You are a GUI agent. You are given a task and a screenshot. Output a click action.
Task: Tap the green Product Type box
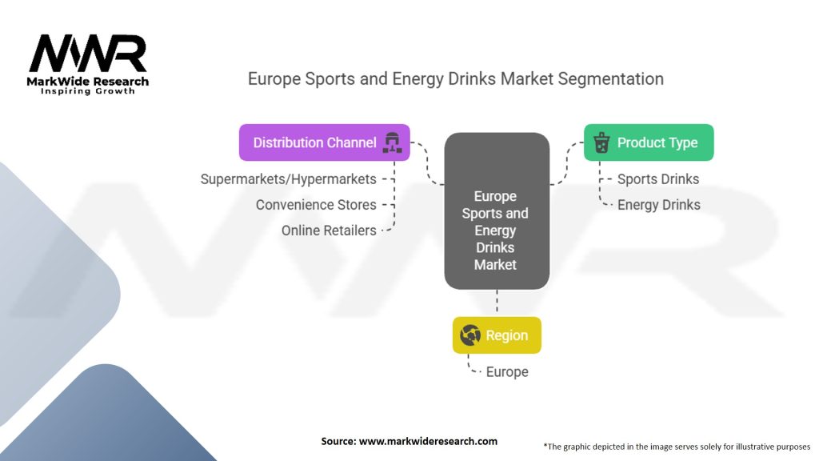[648, 142]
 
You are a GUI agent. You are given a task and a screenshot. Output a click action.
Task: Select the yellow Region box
[497, 335]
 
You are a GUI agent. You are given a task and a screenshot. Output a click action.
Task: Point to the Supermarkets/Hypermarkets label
[288, 179]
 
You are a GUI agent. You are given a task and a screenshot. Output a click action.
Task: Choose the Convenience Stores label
[316, 205]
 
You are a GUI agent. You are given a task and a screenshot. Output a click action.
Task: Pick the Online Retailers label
[329, 230]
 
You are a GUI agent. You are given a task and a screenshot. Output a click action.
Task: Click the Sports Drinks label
[658, 179]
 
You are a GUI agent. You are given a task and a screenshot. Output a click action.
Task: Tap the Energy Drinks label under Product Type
[658, 205]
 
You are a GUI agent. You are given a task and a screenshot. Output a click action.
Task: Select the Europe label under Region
[507, 372]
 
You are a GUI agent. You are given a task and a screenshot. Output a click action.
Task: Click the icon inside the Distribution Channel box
[391, 142]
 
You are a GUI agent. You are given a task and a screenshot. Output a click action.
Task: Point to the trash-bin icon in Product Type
[601, 143]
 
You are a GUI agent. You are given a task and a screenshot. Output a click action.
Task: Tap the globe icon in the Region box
[470, 335]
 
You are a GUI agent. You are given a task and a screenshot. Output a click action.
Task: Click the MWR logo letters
[87, 54]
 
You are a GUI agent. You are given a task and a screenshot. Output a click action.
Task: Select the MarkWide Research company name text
[88, 82]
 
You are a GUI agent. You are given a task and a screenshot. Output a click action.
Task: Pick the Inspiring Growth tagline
[88, 91]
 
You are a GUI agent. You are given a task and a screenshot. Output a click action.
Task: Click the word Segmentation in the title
[611, 79]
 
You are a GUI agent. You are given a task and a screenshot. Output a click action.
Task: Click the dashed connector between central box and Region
[497, 303]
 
